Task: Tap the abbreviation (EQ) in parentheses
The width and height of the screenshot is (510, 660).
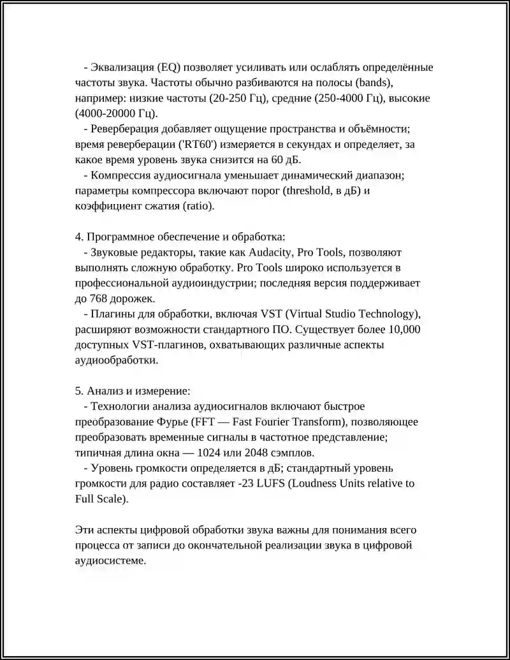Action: [x=168, y=68]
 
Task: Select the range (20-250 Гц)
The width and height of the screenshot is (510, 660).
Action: [x=239, y=99]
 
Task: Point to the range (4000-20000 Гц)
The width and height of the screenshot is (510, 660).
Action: [x=116, y=114]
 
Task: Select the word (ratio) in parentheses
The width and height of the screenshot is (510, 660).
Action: [x=199, y=206]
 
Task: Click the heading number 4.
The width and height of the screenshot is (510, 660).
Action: [x=79, y=237]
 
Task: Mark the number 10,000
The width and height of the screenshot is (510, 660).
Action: [x=403, y=329]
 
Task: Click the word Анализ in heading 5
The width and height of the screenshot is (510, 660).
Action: [x=103, y=390]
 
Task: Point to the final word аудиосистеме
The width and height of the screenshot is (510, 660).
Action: [x=110, y=561]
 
